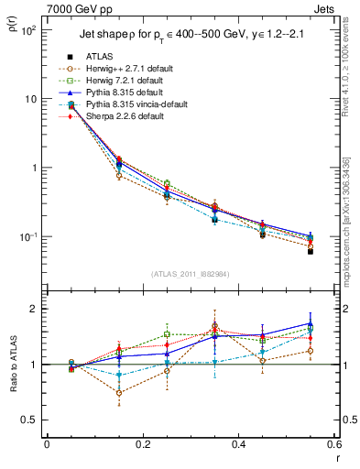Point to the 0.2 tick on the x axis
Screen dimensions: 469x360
coord(142,444)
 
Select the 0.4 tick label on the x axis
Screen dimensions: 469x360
coord(238,444)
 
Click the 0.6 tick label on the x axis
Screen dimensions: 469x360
coord(333,444)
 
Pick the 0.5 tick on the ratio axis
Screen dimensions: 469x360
coord(29,420)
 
